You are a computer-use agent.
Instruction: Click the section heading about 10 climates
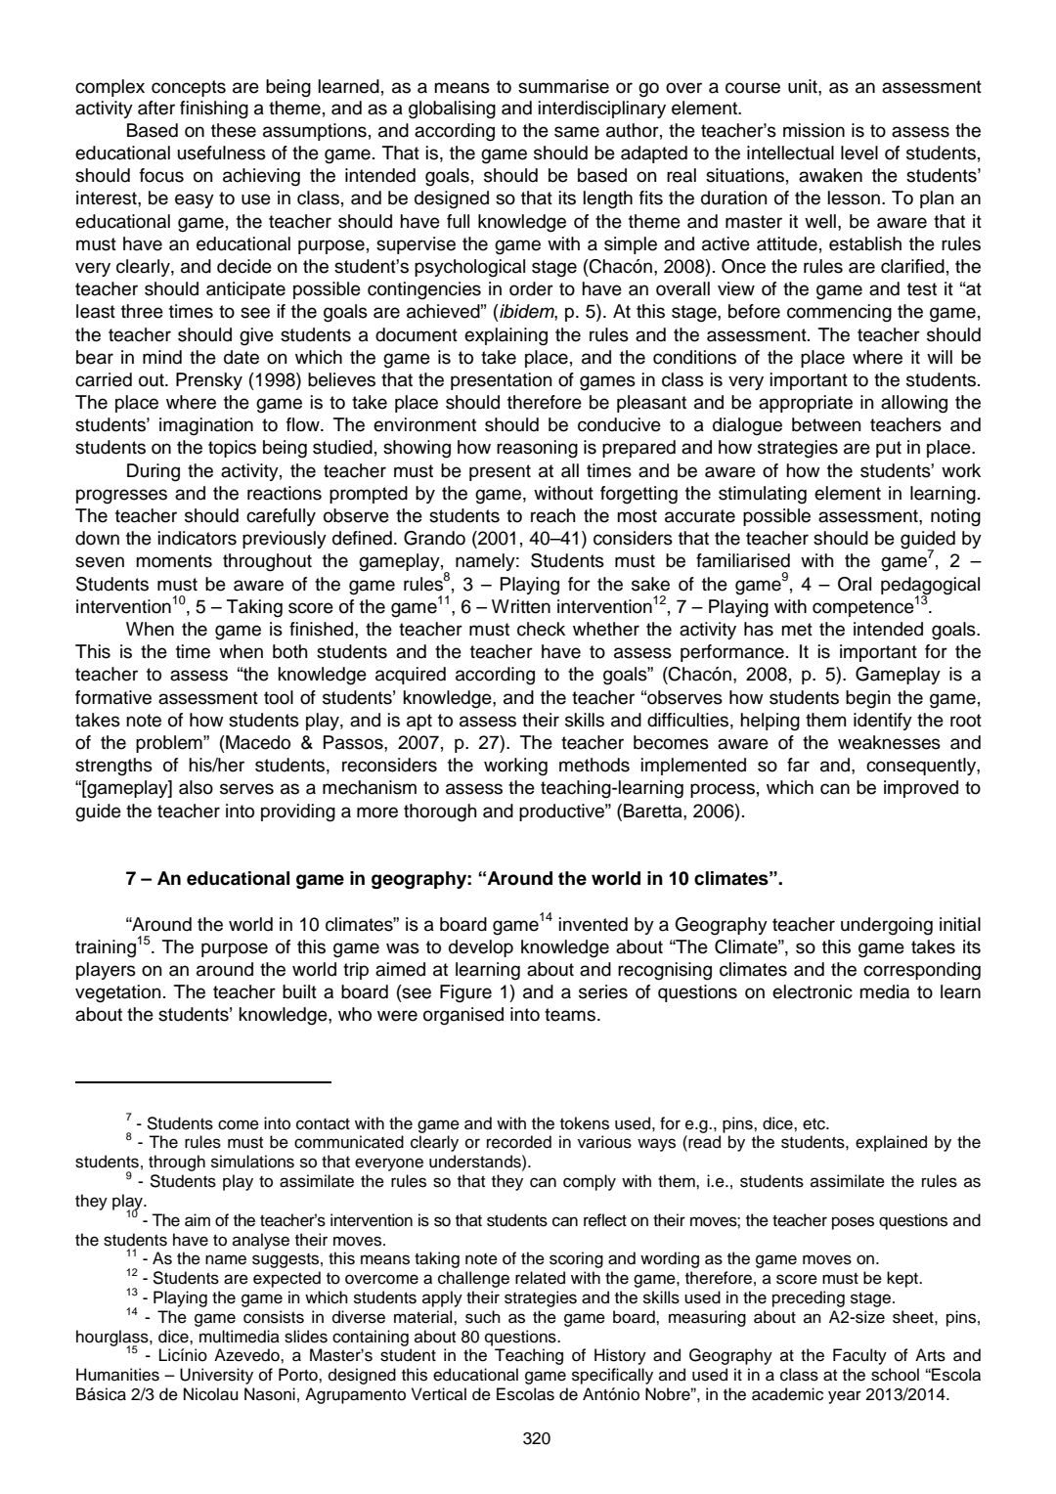click(x=455, y=878)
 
